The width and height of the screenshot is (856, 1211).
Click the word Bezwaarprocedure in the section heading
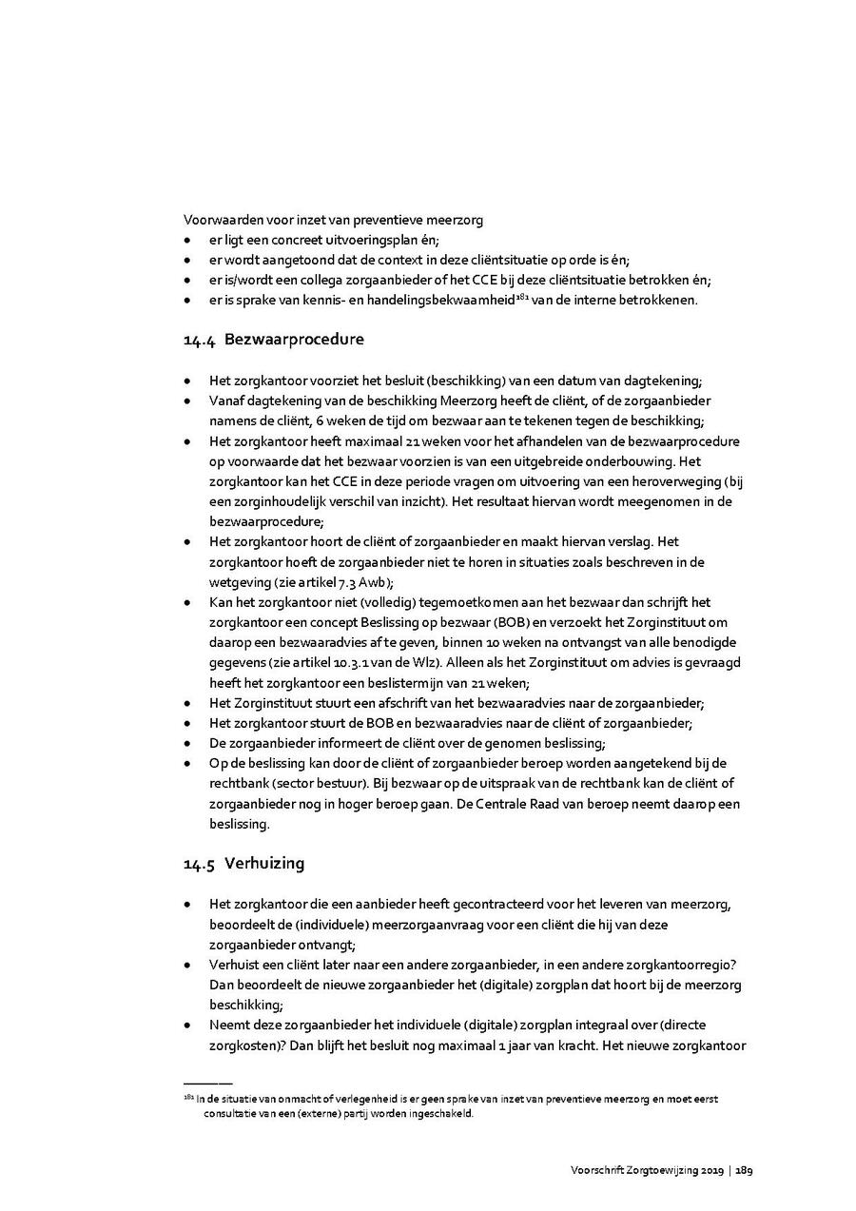[x=294, y=340]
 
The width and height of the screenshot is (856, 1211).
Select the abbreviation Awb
[x=371, y=582]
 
